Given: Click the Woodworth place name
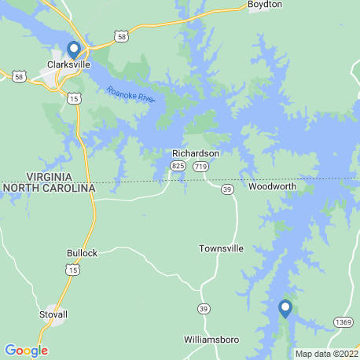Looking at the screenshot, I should point(271,188).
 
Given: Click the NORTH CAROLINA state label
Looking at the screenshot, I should point(48,189).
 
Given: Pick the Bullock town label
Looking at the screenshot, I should point(83,253).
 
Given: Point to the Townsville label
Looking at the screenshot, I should point(220,248).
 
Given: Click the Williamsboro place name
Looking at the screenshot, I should point(211,340).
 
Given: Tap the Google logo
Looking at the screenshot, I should point(26,351).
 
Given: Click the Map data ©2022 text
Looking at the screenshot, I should point(325,352).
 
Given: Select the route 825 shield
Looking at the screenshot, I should point(178,167).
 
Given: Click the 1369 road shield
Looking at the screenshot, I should point(343,321).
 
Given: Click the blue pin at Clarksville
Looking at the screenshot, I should point(73,49).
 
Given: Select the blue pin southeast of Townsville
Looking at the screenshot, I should point(285,308).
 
